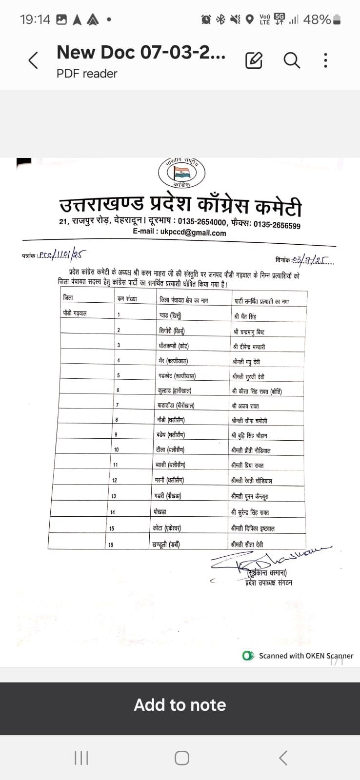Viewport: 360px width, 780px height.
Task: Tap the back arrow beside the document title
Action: coord(33,61)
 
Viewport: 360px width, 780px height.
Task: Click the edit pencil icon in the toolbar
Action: coord(254,60)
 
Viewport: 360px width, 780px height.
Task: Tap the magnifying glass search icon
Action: coord(292,60)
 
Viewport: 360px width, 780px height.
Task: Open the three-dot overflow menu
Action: coord(325,60)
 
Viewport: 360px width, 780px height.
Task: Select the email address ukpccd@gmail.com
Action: coord(193,233)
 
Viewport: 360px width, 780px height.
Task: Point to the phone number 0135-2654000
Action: coord(202,222)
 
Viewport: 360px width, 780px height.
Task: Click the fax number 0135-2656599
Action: coord(277,225)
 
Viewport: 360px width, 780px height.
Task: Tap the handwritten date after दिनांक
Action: coord(312,260)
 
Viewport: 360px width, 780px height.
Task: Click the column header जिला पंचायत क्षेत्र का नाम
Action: coord(183,300)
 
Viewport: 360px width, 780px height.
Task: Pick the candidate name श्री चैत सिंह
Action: coord(245,316)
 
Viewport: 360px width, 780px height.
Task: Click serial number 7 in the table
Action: coord(117,405)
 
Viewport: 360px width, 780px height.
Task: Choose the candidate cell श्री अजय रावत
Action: coord(245,406)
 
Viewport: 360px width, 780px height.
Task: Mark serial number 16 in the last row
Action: coord(111,545)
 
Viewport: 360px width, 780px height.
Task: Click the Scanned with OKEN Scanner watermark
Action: coord(298,656)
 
